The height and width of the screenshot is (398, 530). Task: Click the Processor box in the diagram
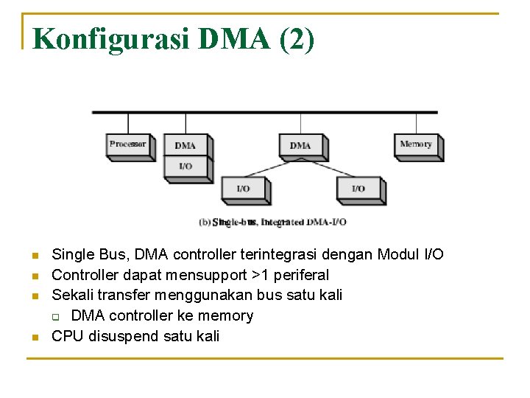tap(127, 144)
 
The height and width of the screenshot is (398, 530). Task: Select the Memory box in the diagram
tap(416, 144)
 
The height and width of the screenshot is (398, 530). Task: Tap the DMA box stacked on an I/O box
tap(185, 145)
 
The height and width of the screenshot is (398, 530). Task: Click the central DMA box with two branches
tap(300, 145)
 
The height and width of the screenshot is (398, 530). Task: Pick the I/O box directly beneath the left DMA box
tap(185, 167)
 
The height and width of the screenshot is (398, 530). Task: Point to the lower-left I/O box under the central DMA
tap(243, 189)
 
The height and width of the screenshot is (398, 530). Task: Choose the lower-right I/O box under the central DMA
tap(358, 189)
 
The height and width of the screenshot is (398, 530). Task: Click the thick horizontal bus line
tap(265, 112)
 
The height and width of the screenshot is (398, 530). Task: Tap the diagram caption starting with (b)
tap(273, 221)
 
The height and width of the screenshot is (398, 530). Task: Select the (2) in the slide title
tap(297, 38)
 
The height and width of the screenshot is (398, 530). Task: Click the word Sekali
tap(72, 295)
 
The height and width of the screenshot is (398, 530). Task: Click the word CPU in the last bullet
tap(68, 336)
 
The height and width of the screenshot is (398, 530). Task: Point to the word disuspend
tap(121, 336)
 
